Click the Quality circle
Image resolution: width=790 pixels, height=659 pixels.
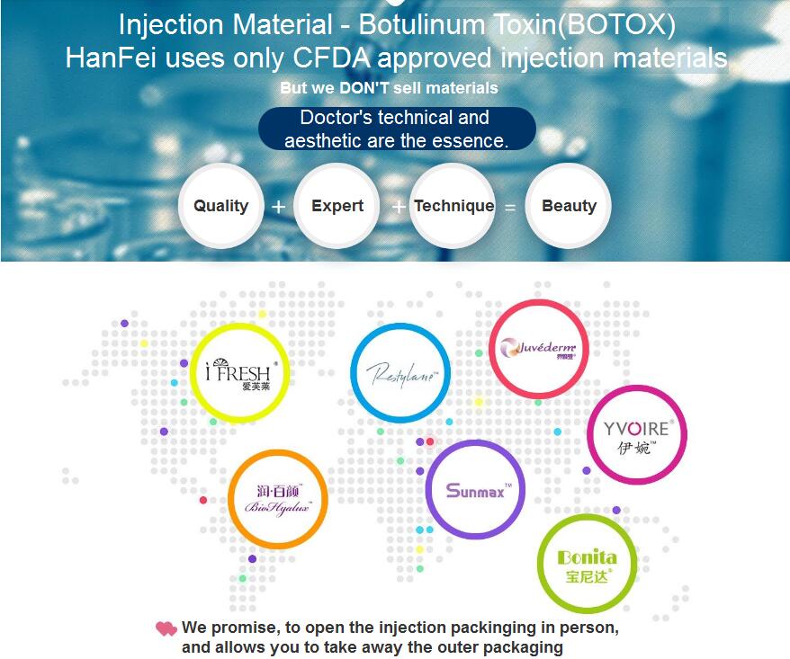tap(220, 205)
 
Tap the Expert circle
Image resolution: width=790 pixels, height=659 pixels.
tap(337, 205)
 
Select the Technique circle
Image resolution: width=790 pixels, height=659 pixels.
tap(453, 205)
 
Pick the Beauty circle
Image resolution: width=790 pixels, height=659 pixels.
tap(569, 205)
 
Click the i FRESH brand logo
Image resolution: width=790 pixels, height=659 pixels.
tap(239, 373)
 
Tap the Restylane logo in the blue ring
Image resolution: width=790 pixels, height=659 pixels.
tap(400, 373)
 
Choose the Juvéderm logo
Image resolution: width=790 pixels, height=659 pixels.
tap(539, 349)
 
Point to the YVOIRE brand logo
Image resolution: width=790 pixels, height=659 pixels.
tap(637, 435)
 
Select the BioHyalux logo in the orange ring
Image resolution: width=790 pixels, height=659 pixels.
tap(278, 499)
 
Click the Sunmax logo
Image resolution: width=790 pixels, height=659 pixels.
tap(475, 490)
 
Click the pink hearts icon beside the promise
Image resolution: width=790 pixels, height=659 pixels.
tap(166, 628)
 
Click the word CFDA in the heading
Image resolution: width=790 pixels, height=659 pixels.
tap(331, 58)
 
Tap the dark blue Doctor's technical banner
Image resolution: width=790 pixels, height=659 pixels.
tap(397, 129)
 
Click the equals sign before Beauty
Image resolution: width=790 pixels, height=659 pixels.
tap(510, 207)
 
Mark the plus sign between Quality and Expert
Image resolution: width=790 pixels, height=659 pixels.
tap(278, 207)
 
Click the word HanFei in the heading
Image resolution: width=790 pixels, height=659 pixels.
tap(111, 58)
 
